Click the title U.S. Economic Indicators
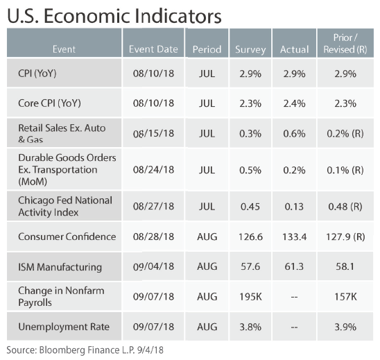[x=114, y=16]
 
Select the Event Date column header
[x=153, y=49]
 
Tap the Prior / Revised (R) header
[x=345, y=44]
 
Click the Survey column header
[x=250, y=49]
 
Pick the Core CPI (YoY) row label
[x=49, y=103]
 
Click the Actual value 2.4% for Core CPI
[x=294, y=103]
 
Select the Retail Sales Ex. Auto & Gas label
[x=62, y=133]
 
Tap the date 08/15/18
[x=153, y=133]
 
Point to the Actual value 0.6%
[x=294, y=134]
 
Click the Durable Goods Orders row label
[x=67, y=169]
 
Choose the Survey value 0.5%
[x=250, y=170]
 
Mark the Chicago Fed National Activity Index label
[x=65, y=206]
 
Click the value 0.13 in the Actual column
[x=294, y=207]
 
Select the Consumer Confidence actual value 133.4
[x=294, y=237]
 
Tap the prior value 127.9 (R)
[x=345, y=237]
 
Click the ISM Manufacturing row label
[x=60, y=267]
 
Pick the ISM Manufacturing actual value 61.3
[x=294, y=266]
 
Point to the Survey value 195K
[x=250, y=296]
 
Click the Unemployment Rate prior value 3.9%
[x=345, y=327]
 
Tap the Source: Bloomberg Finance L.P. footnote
[x=85, y=350]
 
